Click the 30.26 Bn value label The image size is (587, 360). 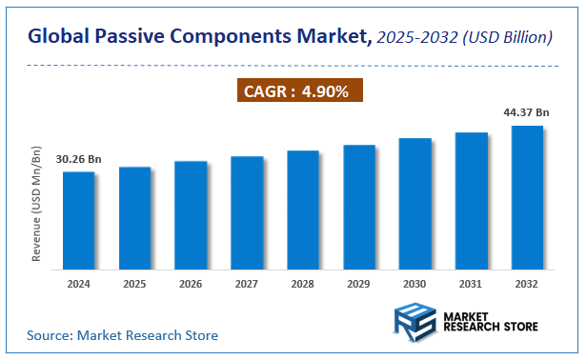(78, 158)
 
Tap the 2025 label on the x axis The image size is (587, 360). (134, 283)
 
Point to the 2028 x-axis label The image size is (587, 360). (303, 283)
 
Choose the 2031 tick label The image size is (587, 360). (471, 283)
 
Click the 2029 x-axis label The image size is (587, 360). (359, 283)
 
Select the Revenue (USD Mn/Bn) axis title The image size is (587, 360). (37, 205)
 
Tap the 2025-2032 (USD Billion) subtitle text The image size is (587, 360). (464, 38)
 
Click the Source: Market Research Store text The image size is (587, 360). (123, 335)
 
